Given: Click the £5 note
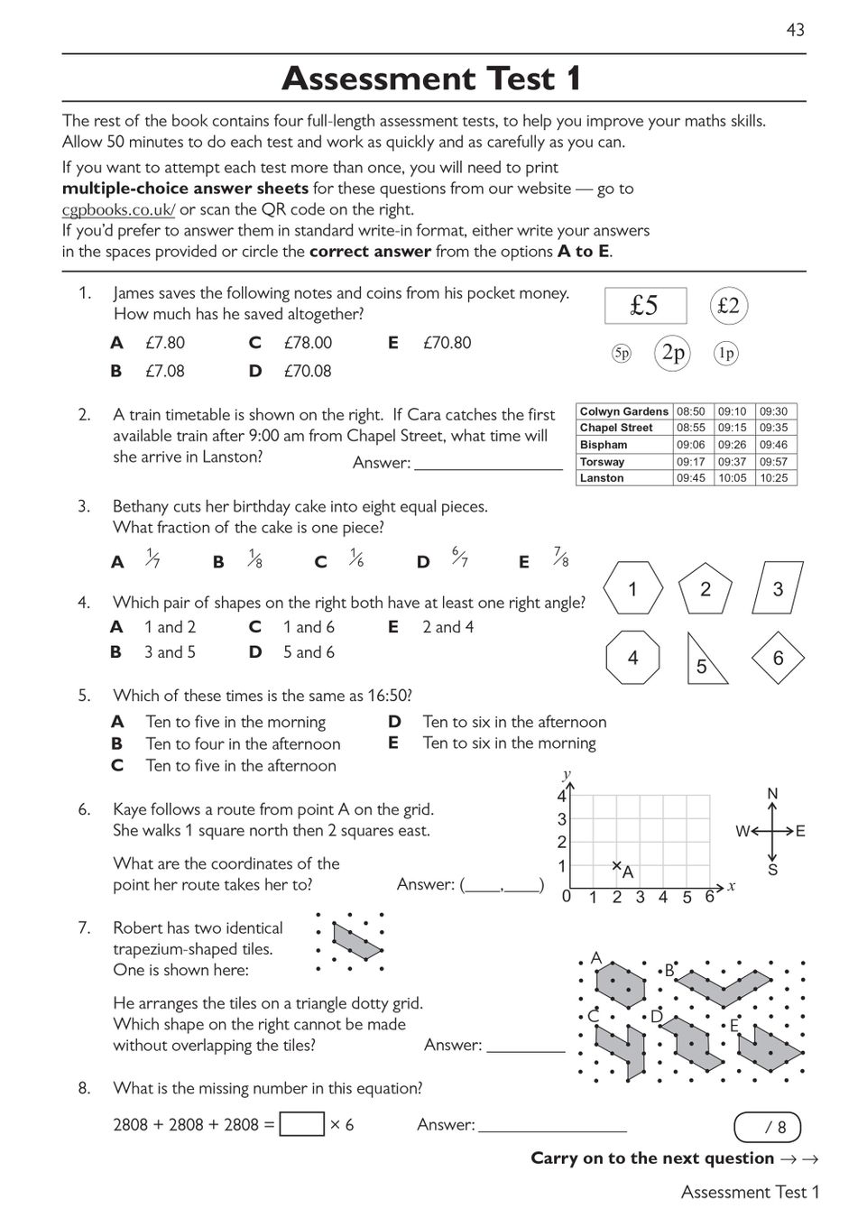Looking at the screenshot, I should click(x=645, y=306).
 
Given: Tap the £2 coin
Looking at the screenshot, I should click(x=728, y=306).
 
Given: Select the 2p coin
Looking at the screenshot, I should click(x=673, y=353).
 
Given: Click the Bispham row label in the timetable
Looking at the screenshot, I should click(x=604, y=445).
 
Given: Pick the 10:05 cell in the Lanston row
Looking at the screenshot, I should click(x=732, y=478).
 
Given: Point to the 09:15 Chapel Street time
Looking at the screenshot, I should click(x=732, y=428).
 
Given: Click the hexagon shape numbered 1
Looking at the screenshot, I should click(x=632, y=589).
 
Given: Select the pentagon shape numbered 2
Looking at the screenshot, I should click(x=706, y=590).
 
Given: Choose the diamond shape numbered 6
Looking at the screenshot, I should click(x=778, y=659).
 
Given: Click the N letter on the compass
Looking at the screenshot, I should click(x=772, y=794).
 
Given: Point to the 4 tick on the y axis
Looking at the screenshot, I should click(x=561, y=796).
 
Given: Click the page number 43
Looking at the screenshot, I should click(x=795, y=30).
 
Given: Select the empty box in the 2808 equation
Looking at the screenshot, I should click(x=301, y=1124).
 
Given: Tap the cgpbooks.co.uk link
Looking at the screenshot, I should click(x=118, y=210).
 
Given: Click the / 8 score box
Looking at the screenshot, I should click(x=767, y=1127).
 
